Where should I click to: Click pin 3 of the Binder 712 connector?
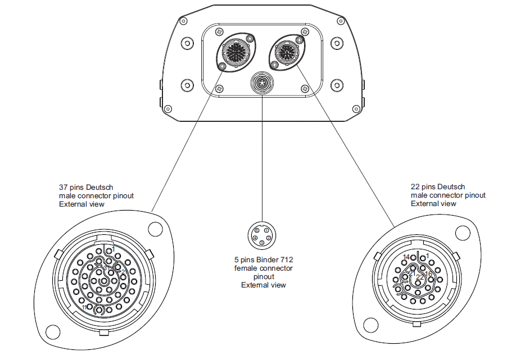click(262, 243)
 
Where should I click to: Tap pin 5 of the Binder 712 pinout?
click(257, 231)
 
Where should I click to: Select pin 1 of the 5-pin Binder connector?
click(266, 231)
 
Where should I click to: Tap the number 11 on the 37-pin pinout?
click(85, 308)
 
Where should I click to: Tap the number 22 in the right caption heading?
click(415, 187)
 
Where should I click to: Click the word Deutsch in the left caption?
click(102, 187)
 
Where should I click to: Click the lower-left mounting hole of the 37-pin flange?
click(52, 332)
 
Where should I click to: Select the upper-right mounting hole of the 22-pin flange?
click(462, 232)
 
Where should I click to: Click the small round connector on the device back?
click(262, 84)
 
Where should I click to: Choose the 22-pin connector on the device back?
click(288, 52)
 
